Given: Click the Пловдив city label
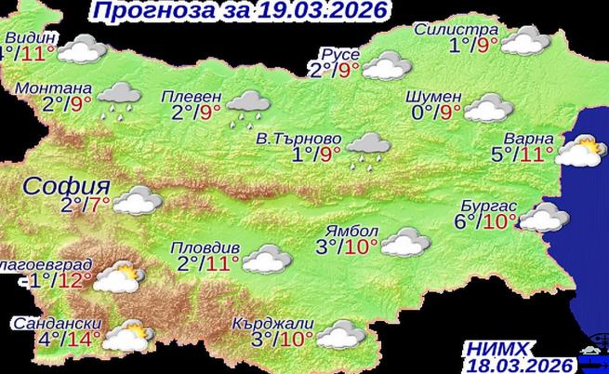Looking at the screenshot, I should (206, 248).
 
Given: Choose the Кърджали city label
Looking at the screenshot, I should (276, 323).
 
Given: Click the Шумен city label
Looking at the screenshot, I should (434, 96).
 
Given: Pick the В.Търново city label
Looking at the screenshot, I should (298, 139).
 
